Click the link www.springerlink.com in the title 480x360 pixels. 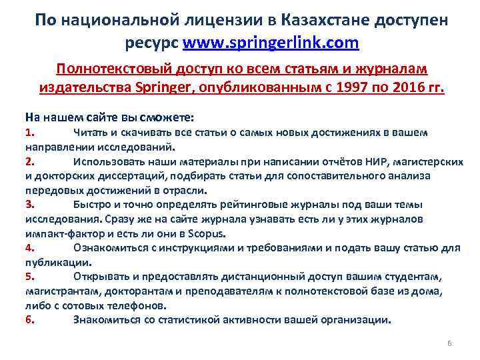tap(271, 43)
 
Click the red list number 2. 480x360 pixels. tap(29, 161)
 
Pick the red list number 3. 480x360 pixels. tap(29, 204)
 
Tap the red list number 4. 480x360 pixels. tap(29, 247)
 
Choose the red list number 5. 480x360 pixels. tap(29, 276)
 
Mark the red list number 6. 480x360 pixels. tap(29, 319)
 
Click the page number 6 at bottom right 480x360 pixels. tap(449, 343)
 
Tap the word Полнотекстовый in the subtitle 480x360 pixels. tap(111, 70)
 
